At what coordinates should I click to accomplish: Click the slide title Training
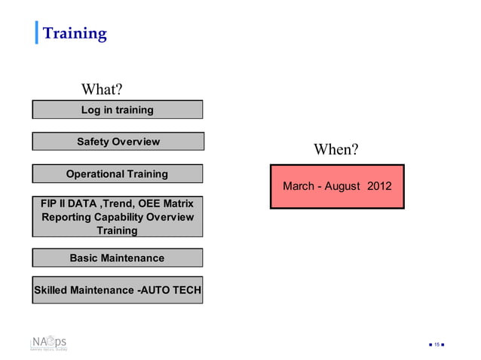click(74, 34)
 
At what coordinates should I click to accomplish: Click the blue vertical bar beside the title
click(36, 34)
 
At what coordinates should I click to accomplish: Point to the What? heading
click(102, 90)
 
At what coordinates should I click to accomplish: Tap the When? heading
click(335, 149)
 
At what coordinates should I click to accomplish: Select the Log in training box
click(117, 110)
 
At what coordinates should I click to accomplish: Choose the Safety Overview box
click(118, 142)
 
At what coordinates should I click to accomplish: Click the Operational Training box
click(117, 174)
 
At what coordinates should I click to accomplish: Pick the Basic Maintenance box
click(117, 258)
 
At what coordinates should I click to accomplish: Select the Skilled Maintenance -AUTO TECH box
click(117, 290)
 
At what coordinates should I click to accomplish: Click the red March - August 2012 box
click(337, 186)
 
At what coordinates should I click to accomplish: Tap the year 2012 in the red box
click(379, 186)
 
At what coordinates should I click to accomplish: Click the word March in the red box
click(299, 186)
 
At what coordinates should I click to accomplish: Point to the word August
click(342, 186)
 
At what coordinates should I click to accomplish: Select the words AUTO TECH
click(170, 290)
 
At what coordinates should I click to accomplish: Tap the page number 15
click(437, 345)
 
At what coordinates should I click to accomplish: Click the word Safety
click(94, 142)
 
